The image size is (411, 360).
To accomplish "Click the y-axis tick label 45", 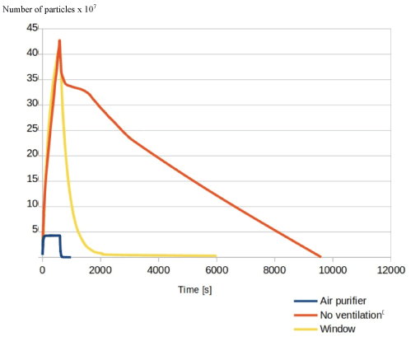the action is pos(32,27).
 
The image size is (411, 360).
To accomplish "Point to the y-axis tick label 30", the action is pos(32,103).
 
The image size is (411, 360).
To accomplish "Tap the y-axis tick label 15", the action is pos(32,179).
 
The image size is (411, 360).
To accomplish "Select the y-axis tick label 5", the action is pos(35,229).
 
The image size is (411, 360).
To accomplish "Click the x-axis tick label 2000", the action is pos(100,270).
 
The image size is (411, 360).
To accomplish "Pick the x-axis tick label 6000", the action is pos(217,270).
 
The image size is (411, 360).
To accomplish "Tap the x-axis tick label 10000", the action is pos(333,270).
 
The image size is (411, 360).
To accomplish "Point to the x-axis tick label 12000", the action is pos(391,270).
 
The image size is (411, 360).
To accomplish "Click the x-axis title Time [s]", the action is pos(195,290).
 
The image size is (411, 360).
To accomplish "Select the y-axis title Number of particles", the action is pos(39,10).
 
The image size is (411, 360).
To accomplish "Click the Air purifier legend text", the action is pos(343,301).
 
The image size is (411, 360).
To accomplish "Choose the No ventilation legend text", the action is pos(351,315).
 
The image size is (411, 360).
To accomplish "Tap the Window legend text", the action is pos(338,329).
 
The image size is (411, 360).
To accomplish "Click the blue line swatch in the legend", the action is pos(306,302).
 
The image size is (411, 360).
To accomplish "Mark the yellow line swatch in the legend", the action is pos(306,329).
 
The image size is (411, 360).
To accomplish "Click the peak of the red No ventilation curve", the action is pos(59,40).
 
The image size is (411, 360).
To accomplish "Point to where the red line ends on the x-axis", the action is pos(320,257).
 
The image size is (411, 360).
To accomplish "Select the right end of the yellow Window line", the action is pos(216,255).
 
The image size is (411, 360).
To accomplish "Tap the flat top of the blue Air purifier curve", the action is pos(52,236).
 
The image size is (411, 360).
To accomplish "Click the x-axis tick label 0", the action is pos(42,270).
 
